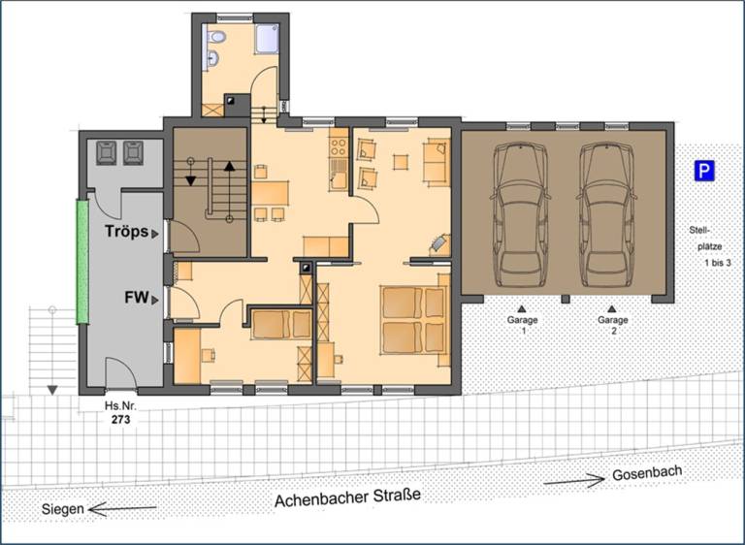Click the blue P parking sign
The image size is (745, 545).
[x=704, y=171]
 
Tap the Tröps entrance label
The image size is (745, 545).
[x=127, y=232]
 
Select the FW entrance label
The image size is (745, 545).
[x=137, y=298]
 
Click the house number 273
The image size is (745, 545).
[x=120, y=420]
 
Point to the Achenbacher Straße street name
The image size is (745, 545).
[x=348, y=497]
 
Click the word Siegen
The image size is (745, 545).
[x=63, y=509]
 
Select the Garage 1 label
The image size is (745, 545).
[x=522, y=325]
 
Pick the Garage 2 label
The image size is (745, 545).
[x=613, y=325]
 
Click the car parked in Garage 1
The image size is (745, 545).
[x=520, y=215]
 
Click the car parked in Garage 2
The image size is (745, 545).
[x=606, y=215]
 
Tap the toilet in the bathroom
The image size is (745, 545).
[x=216, y=36]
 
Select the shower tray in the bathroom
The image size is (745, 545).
[x=269, y=38]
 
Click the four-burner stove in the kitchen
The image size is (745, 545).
[x=339, y=146]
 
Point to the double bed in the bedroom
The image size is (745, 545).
[x=414, y=320]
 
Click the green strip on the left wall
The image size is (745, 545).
[x=82, y=262]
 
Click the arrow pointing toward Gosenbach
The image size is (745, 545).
[x=574, y=480]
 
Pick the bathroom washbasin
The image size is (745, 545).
[x=212, y=58]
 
